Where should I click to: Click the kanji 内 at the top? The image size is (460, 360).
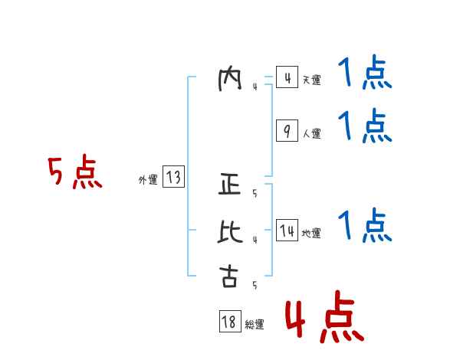[x=229, y=79]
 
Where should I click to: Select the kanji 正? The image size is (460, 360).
[x=229, y=185]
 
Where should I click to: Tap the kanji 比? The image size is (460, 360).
[x=229, y=231]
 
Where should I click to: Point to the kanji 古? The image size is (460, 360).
[x=229, y=277]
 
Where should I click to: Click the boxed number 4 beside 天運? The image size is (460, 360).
[x=286, y=79]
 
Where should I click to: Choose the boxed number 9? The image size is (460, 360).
[x=286, y=132]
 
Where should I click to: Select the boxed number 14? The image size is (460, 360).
[x=286, y=231]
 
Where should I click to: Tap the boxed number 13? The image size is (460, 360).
[x=172, y=178]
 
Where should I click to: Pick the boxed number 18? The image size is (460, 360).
[x=229, y=322]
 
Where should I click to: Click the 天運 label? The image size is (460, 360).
[x=311, y=80]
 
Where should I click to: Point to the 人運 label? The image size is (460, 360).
[x=311, y=133]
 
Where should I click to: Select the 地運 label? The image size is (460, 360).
[x=311, y=233]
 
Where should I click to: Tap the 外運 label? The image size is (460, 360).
[x=147, y=180]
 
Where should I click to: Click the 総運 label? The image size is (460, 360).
[x=255, y=324]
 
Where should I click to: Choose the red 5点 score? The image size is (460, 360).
[x=74, y=173]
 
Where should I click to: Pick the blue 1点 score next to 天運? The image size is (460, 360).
[x=364, y=76]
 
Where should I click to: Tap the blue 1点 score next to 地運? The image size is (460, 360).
[x=364, y=226]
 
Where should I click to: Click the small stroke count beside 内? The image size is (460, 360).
[x=255, y=87]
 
